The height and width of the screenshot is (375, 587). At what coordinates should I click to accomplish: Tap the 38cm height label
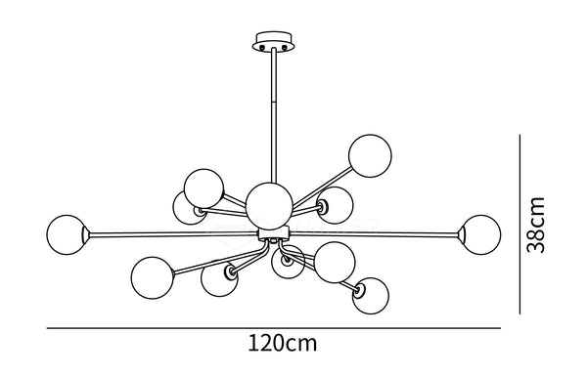(x=535, y=225)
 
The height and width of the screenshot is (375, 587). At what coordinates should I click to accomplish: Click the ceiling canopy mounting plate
(x=273, y=42)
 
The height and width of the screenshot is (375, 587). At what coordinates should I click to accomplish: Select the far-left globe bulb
(x=67, y=234)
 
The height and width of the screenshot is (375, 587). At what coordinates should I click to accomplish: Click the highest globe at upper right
(x=370, y=156)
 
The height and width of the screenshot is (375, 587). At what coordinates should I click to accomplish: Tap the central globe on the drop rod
(x=267, y=203)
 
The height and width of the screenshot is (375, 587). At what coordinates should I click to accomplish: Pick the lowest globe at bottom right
(x=370, y=296)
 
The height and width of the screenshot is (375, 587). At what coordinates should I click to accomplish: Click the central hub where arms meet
(x=273, y=235)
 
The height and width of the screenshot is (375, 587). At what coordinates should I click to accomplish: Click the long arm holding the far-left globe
(x=176, y=234)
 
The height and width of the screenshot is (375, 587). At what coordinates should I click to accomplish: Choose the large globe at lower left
(x=152, y=276)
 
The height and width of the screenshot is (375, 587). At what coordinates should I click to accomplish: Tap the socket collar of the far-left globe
(x=88, y=234)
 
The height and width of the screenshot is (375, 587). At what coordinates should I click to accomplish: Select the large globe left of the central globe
(x=203, y=187)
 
